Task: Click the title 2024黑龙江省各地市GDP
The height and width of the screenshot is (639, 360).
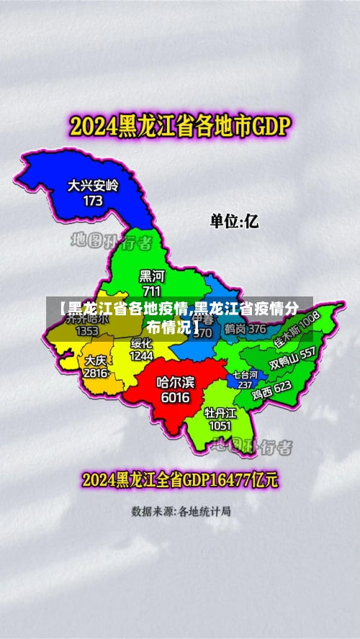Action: click(x=179, y=128)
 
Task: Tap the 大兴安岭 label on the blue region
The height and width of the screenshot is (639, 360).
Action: click(x=93, y=186)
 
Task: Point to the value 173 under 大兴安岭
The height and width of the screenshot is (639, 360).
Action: click(x=93, y=201)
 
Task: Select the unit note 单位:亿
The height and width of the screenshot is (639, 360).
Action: click(x=234, y=220)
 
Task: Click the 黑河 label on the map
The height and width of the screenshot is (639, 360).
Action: click(x=152, y=276)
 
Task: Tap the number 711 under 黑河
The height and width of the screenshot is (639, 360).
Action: click(x=152, y=291)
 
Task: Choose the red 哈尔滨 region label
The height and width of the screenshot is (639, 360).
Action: click(x=175, y=382)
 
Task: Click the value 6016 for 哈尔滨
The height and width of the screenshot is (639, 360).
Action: click(x=175, y=397)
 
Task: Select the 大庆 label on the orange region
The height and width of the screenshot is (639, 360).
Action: click(x=95, y=360)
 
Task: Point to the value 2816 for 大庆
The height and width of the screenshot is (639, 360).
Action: click(x=95, y=373)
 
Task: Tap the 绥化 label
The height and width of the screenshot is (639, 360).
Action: click(x=141, y=343)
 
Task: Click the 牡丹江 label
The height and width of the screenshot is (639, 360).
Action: click(x=220, y=412)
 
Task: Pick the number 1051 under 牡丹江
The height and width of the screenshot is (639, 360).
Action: click(x=220, y=426)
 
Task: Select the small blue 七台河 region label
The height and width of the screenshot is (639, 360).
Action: click(x=244, y=375)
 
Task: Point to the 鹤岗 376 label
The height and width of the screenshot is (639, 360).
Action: click(x=245, y=329)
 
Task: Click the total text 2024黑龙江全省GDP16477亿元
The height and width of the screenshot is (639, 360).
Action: click(x=180, y=479)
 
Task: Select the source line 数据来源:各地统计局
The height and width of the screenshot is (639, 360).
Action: click(x=181, y=512)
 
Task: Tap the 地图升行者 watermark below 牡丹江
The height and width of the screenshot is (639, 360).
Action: click(x=252, y=447)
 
